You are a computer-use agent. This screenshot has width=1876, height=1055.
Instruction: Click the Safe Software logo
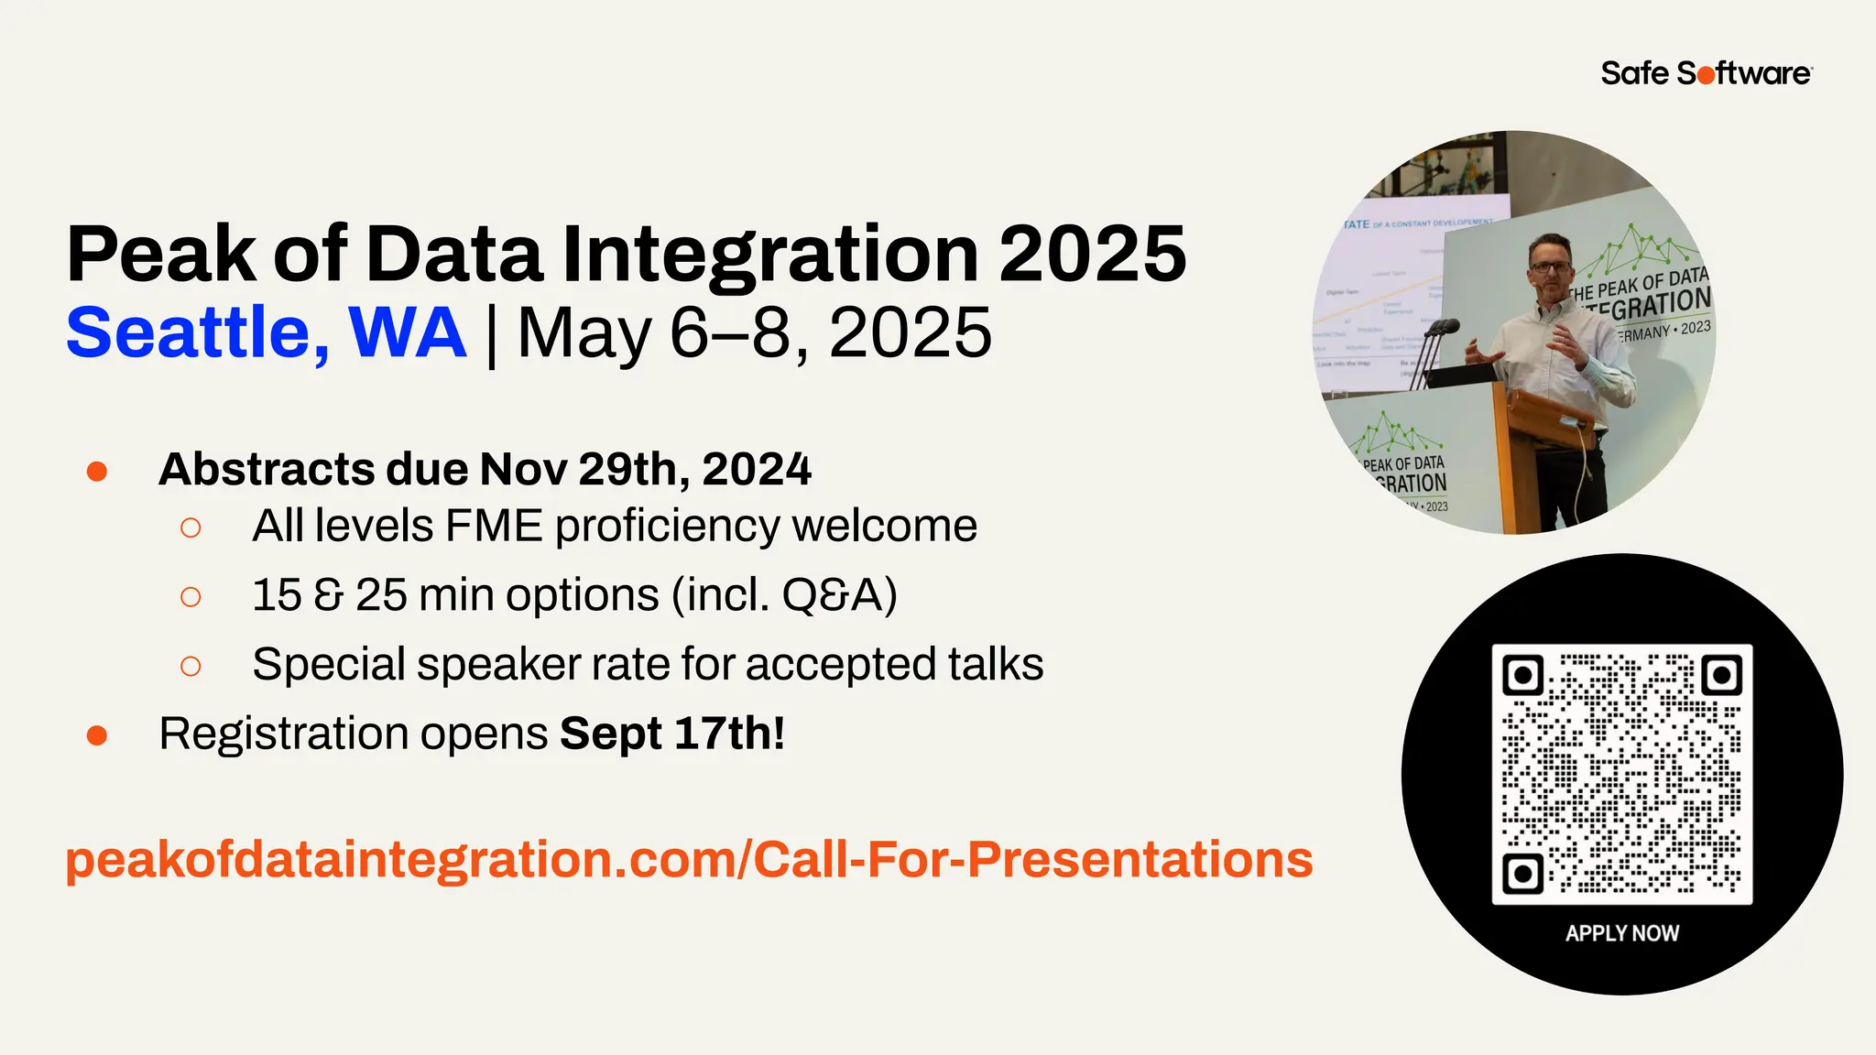(1706, 73)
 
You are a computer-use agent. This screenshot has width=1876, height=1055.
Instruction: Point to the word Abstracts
(267, 470)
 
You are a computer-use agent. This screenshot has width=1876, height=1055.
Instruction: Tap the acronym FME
(494, 527)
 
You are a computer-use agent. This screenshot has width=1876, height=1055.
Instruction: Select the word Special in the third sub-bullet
(328, 665)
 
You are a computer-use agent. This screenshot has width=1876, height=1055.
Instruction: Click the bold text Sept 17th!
(672, 734)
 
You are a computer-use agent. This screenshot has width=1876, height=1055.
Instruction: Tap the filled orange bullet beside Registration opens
(97, 735)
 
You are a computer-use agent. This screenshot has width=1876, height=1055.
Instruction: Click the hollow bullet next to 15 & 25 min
(191, 597)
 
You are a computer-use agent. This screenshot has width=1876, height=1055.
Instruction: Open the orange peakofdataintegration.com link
(689, 860)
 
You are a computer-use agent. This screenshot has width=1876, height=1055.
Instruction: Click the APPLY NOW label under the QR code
(1621, 933)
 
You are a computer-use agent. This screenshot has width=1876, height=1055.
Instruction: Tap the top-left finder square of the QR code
(1523, 676)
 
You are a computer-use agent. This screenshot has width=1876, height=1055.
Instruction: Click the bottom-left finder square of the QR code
(1523, 873)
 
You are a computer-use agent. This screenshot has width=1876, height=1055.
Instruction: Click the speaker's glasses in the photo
(1550, 267)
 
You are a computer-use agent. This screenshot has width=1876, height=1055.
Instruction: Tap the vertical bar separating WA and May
(492, 335)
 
